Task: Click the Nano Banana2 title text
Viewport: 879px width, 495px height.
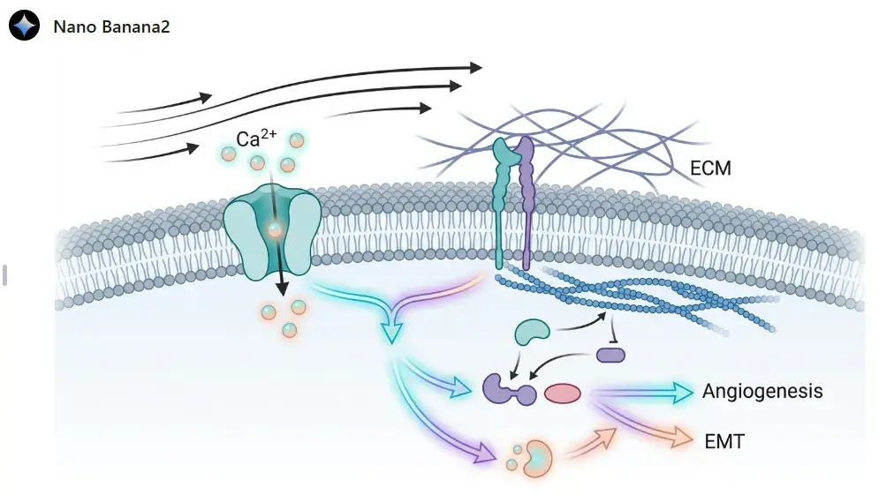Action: point(111,26)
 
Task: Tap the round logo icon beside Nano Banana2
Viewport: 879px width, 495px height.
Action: point(25,26)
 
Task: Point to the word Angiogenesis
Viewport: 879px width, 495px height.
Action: point(762,391)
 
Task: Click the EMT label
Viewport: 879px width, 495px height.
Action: point(724,440)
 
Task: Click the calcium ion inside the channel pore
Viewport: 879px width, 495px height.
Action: point(275,230)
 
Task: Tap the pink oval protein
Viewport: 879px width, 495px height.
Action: point(561,394)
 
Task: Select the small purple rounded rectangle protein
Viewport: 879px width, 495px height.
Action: point(610,355)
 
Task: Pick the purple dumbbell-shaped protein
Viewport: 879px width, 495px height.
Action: point(509,389)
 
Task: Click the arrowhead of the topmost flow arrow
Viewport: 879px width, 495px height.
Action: point(476,67)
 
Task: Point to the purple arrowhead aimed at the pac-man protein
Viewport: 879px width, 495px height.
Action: point(485,455)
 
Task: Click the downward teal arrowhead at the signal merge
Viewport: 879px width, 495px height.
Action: point(390,335)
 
